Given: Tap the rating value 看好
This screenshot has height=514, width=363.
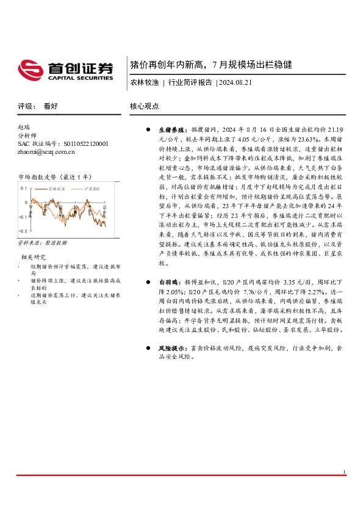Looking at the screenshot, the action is click(51, 106).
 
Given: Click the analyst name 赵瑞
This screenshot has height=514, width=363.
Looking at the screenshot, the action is click(25, 127).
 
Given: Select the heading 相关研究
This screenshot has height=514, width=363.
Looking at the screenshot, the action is click(34, 256).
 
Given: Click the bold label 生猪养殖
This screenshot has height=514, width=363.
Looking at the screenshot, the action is click(171, 130).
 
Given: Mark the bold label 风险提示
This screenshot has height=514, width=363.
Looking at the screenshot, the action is click(171, 347).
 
